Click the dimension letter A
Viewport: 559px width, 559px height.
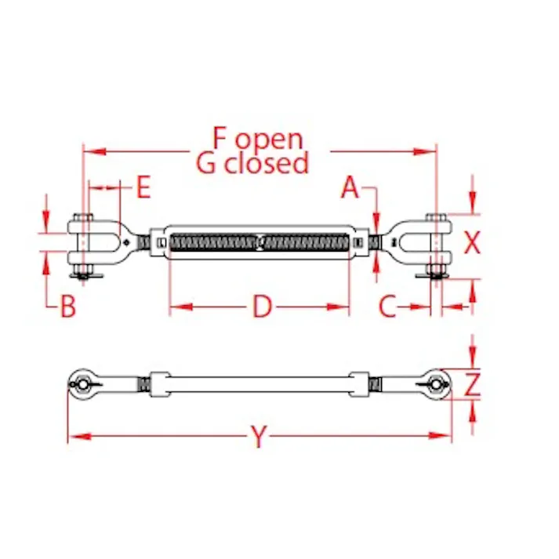350,188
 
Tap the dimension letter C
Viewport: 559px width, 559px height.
387,307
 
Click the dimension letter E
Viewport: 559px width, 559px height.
143,188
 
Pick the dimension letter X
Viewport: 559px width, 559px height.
471,244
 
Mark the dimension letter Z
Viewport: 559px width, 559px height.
471,385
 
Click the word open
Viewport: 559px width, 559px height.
269,140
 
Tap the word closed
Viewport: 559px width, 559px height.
267,164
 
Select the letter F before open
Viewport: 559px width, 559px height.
220,138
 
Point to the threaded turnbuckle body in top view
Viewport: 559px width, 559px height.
260,243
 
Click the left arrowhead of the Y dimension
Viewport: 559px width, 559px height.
73,437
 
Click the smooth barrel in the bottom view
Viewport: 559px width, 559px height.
260,385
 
